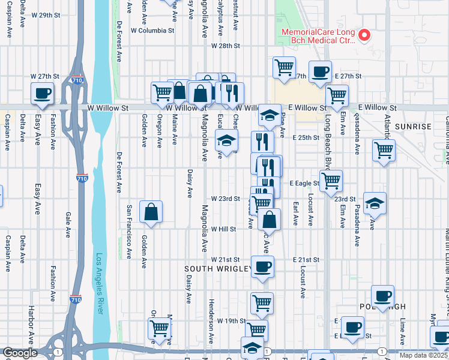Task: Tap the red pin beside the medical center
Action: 364,35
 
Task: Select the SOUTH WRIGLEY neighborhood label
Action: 217,269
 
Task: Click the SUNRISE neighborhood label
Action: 413,127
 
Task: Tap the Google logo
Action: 20,353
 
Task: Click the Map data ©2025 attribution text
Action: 424,355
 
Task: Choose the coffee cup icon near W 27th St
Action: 43,93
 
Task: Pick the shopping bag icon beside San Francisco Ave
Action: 151,211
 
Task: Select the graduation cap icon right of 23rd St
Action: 375,203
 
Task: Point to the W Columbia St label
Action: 152,30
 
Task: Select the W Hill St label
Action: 223,229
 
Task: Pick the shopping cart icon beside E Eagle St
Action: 331,179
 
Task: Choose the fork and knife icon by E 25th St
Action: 262,142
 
